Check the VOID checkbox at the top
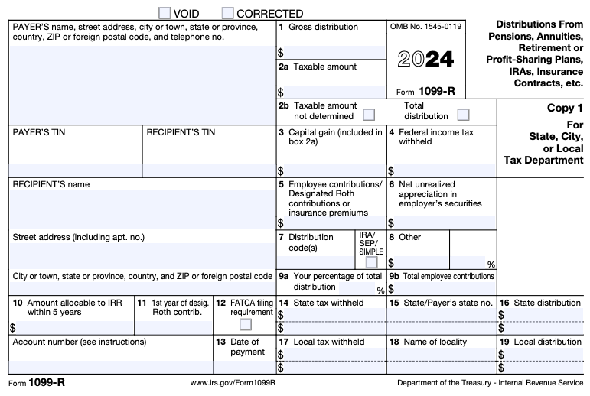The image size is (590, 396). tap(164, 13)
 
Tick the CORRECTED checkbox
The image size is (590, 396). tap(227, 13)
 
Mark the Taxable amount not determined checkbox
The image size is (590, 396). tap(369, 115)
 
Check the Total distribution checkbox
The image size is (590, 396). tap(463, 115)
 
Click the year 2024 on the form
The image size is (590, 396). tap(426, 60)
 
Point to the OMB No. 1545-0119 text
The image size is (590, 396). tap(425, 27)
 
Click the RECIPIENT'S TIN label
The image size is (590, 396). tap(181, 132)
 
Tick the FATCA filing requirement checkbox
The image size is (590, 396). tap(245, 324)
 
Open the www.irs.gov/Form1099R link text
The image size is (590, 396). tap(233, 381)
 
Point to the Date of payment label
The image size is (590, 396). tap(245, 347)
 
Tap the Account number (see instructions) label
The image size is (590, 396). tap(80, 342)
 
